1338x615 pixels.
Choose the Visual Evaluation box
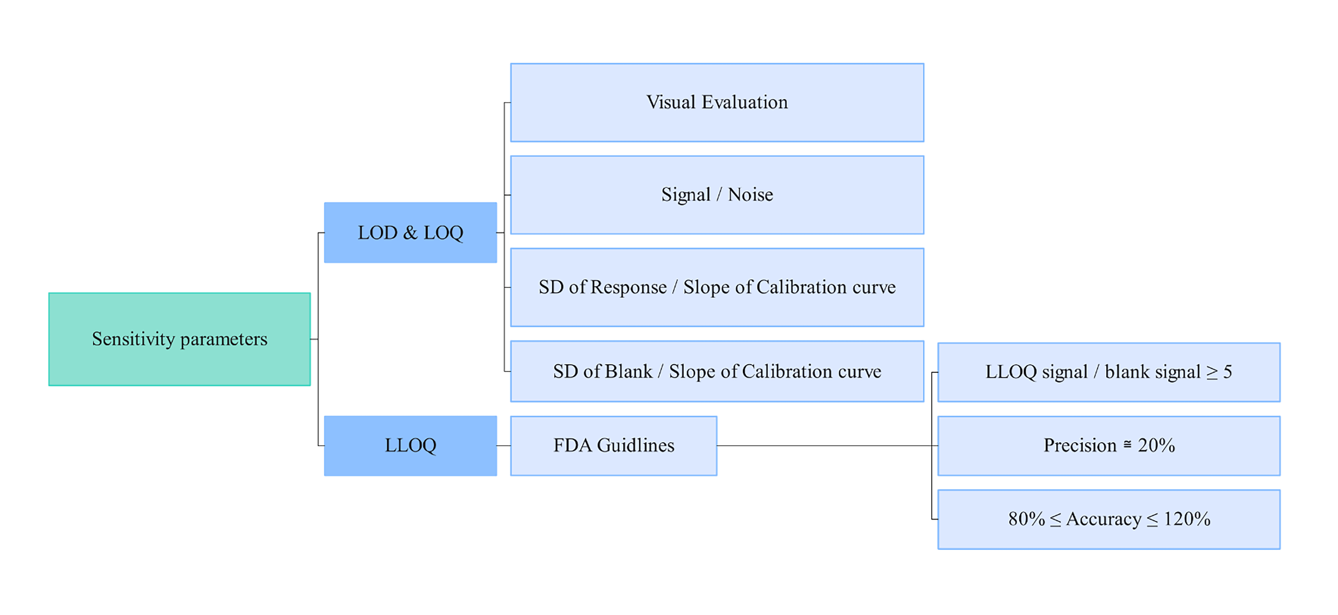pyautogui.click(x=717, y=102)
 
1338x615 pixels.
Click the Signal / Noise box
pyautogui.click(x=717, y=195)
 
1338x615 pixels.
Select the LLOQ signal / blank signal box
pyautogui.click(x=1108, y=372)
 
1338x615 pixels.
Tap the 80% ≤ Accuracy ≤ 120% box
pyautogui.click(x=1108, y=519)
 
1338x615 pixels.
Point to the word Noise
pyautogui.click(x=750, y=195)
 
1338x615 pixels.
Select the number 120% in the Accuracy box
pyautogui.click(x=1187, y=519)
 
